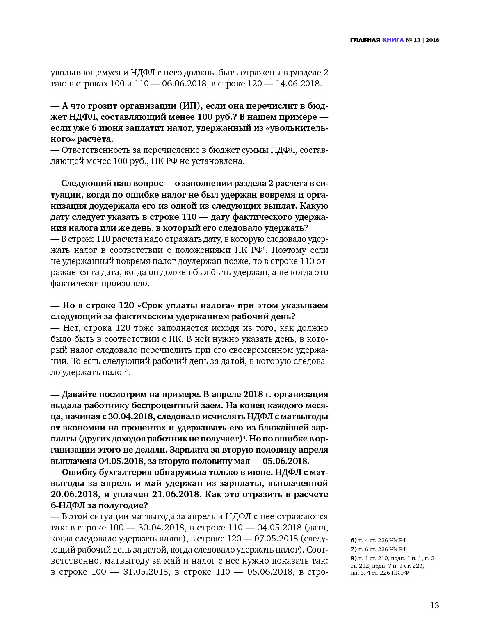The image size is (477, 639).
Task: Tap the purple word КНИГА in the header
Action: coord(393,40)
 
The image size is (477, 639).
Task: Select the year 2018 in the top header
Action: coord(432,40)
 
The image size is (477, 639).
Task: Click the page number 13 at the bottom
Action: coord(434,605)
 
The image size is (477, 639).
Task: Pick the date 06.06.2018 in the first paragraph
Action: coord(185,84)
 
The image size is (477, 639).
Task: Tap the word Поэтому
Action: coord(290,250)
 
